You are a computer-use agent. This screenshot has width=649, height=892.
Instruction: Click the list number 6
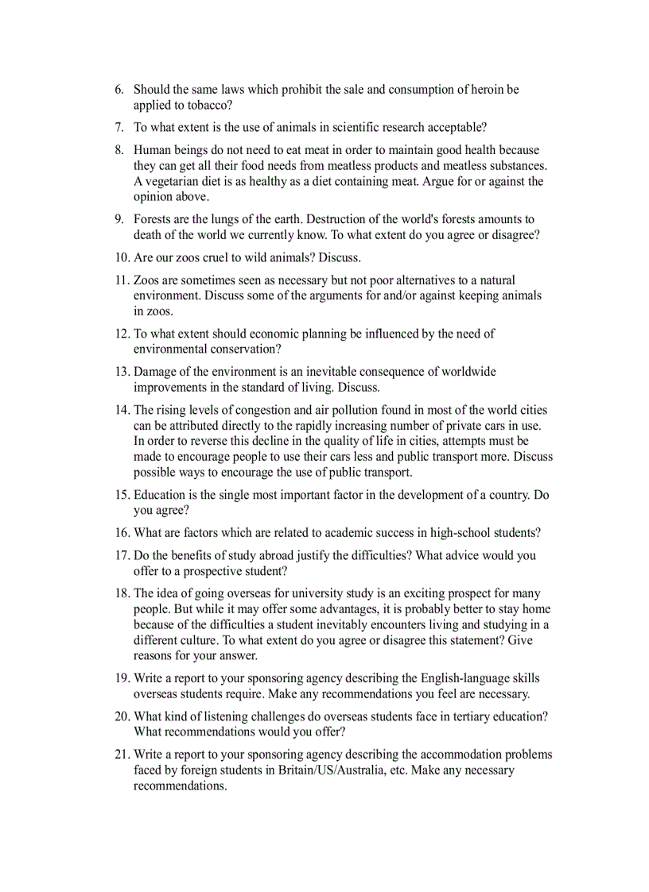[119, 90]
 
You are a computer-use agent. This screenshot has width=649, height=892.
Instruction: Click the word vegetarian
[172, 181]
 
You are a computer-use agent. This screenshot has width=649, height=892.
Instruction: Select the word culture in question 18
[205, 640]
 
